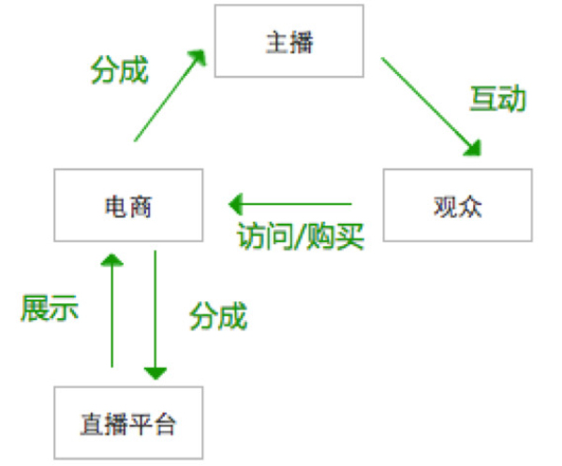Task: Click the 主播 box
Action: (x=289, y=42)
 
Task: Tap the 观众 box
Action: (x=457, y=206)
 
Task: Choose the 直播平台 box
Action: (x=127, y=423)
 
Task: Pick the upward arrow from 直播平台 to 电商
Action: (x=112, y=309)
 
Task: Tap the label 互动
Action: (x=497, y=99)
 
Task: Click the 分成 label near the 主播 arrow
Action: (x=119, y=70)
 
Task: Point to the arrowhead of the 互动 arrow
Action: (x=473, y=148)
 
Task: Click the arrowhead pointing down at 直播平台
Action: (x=155, y=372)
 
